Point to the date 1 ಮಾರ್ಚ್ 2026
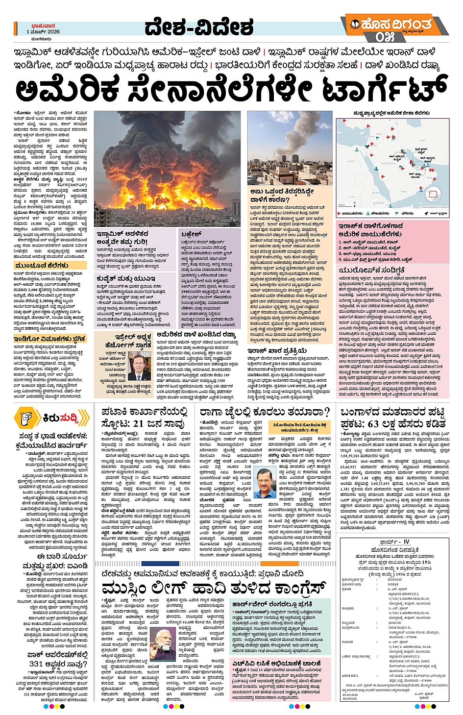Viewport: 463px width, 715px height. [43, 32]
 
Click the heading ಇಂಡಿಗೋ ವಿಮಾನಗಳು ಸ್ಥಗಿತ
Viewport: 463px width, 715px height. [50, 339]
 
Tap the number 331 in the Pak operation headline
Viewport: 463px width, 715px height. [36, 664]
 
